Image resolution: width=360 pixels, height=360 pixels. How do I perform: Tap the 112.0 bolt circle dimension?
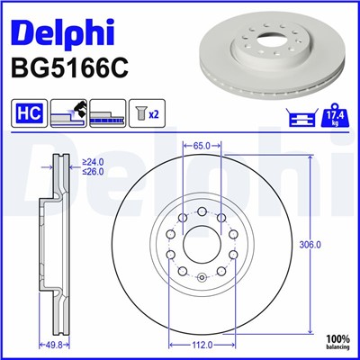pos(202,345)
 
